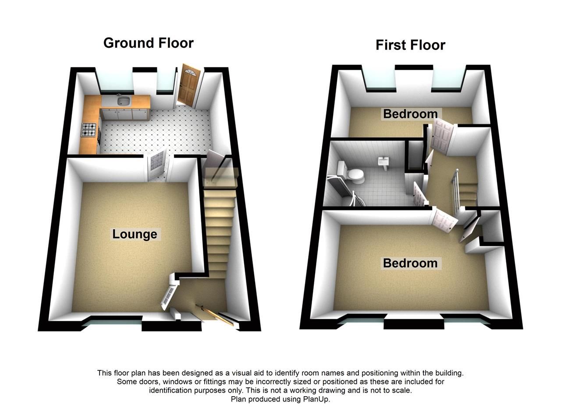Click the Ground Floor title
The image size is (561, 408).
148,43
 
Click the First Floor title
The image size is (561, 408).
410,45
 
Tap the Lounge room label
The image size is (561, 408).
135,234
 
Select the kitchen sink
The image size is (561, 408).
123,101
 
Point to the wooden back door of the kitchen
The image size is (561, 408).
188,86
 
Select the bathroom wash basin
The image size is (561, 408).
384,163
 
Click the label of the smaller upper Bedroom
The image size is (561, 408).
410,114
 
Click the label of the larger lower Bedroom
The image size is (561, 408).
410,263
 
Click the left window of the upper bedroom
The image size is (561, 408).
380,79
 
